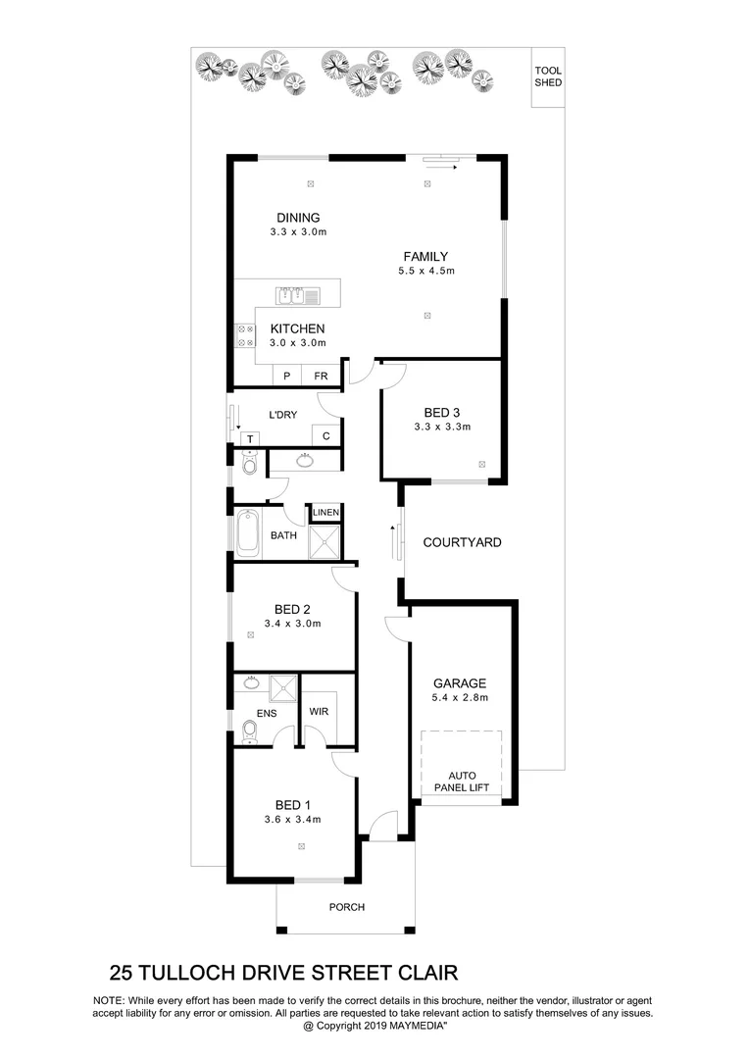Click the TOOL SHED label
pos(548,76)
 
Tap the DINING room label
pos(297,218)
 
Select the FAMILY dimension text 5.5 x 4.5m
pos(426,272)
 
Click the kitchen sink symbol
pos(297,294)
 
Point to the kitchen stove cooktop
pos(244,336)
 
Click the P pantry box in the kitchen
pos(287,376)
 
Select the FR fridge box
pos(320,376)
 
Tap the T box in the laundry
pos(250,438)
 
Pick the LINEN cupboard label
pos(325,513)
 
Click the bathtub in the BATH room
pos(247,534)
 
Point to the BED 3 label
pos(442,412)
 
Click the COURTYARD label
pos(462,542)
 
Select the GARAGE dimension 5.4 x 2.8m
pos(461,698)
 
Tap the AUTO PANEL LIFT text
pos(461,781)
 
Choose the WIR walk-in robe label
pos(319,711)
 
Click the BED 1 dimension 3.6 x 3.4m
pos(293,820)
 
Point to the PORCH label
pos(345,907)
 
